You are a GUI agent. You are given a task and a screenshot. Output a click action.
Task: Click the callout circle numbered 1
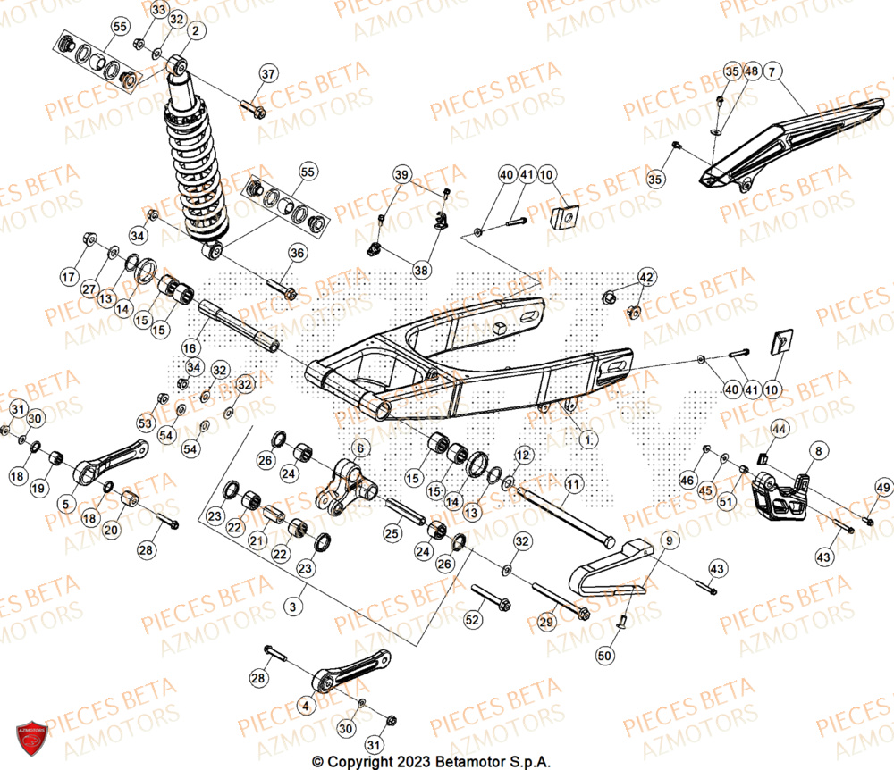586,439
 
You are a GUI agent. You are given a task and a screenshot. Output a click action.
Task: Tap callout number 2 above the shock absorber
195,31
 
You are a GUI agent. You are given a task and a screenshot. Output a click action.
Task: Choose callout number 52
473,619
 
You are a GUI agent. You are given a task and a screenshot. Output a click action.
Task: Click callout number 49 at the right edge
882,487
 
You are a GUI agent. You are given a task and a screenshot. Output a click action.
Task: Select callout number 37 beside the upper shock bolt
268,73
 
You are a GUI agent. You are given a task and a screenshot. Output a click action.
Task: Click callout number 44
780,430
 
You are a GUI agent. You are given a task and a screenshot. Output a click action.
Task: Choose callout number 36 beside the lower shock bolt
297,254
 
